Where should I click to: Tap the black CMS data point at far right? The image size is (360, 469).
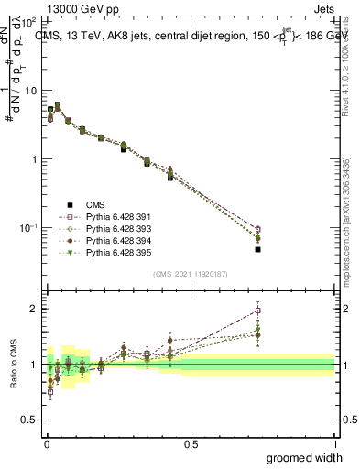[x=258, y=249]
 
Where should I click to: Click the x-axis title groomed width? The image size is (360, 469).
[x=304, y=457]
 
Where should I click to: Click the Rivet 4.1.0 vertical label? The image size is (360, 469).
[x=346, y=73]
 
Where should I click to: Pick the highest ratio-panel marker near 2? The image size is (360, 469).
[x=258, y=310]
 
